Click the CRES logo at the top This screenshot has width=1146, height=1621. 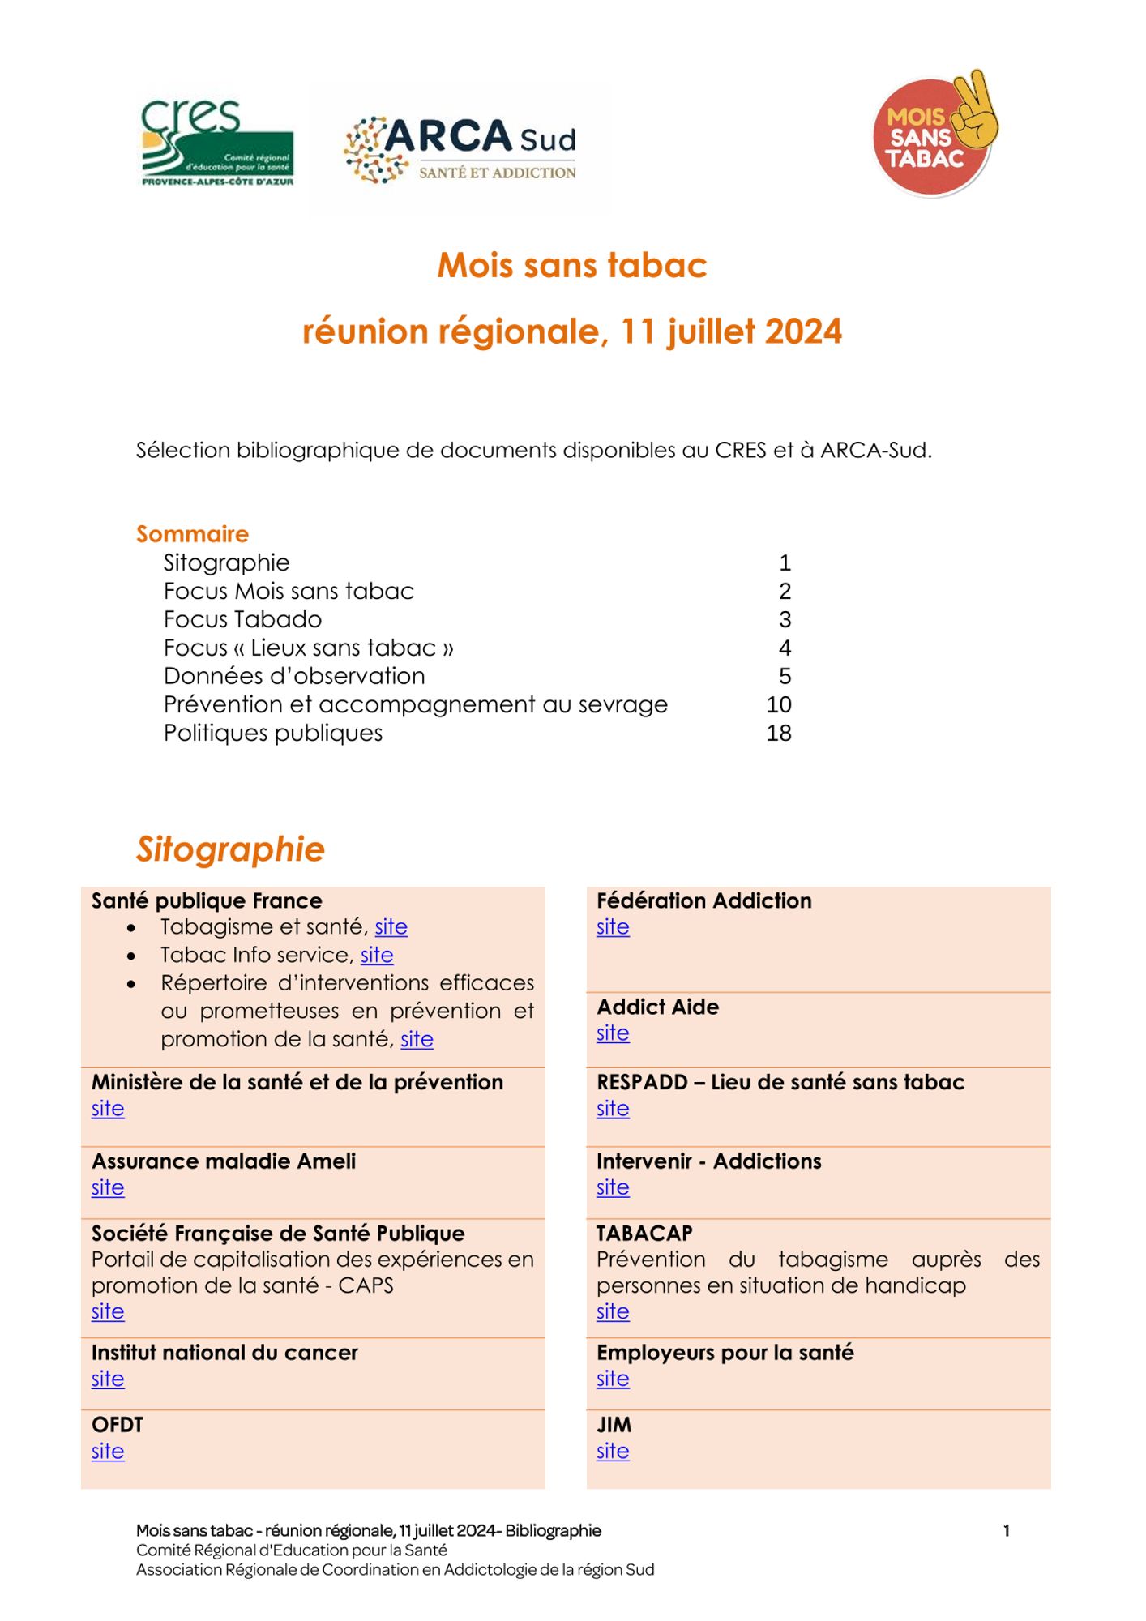tap(217, 143)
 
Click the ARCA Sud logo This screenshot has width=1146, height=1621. tap(460, 149)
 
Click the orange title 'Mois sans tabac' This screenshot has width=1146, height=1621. tap(572, 265)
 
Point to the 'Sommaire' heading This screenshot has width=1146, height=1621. tap(192, 534)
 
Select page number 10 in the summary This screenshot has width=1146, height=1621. tap(779, 704)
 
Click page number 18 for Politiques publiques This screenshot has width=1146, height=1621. tap(779, 733)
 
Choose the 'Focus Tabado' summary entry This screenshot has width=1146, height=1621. tap(242, 619)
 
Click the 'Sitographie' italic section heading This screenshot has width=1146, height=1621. tap(230, 849)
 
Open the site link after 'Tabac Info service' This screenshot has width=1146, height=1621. tap(377, 955)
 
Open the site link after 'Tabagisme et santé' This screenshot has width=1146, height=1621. tap(391, 926)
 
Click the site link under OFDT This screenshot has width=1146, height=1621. tap(108, 1451)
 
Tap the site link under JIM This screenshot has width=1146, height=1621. tap(613, 1451)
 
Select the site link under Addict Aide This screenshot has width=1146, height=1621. tap(613, 1033)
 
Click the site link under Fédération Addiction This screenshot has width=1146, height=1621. tap(613, 926)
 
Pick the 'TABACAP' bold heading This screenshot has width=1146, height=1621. tap(644, 1233)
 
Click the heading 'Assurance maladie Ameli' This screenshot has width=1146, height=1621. tap(224, 1161)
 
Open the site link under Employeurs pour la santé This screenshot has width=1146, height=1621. tap(613, 1379)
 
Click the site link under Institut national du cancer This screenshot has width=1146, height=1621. tap(108, 1379)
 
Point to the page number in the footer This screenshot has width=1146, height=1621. tap(1006, 1530)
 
